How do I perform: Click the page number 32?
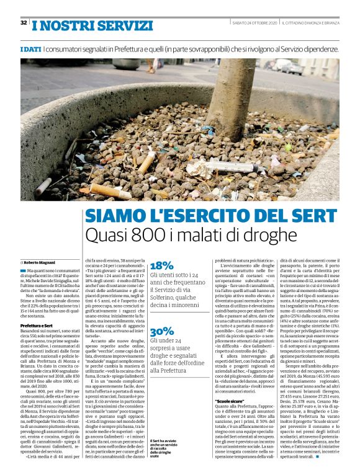pos(24,23)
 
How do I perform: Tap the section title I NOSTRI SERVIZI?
pos(92,26)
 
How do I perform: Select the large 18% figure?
pos(162,265)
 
